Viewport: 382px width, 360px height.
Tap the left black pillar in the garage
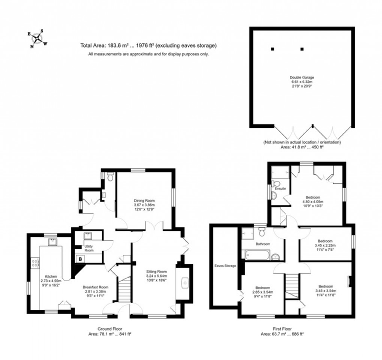point(272,49)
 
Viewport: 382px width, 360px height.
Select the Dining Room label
point(144,200)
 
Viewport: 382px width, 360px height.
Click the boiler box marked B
point(80,259)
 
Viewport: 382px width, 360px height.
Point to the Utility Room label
point(89,248)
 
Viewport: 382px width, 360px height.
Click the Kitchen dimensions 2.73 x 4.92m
point(50,281)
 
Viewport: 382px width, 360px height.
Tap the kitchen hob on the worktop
point(35,263)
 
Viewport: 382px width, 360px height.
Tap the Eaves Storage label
point(225,266)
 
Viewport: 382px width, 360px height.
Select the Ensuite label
point(280,188)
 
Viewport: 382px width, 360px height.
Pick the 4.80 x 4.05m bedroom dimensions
point(313,201)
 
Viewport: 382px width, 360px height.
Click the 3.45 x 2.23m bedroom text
point(325,245)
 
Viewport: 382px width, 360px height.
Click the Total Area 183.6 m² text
point(149,46)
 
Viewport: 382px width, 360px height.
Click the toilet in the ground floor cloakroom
point(110,177)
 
